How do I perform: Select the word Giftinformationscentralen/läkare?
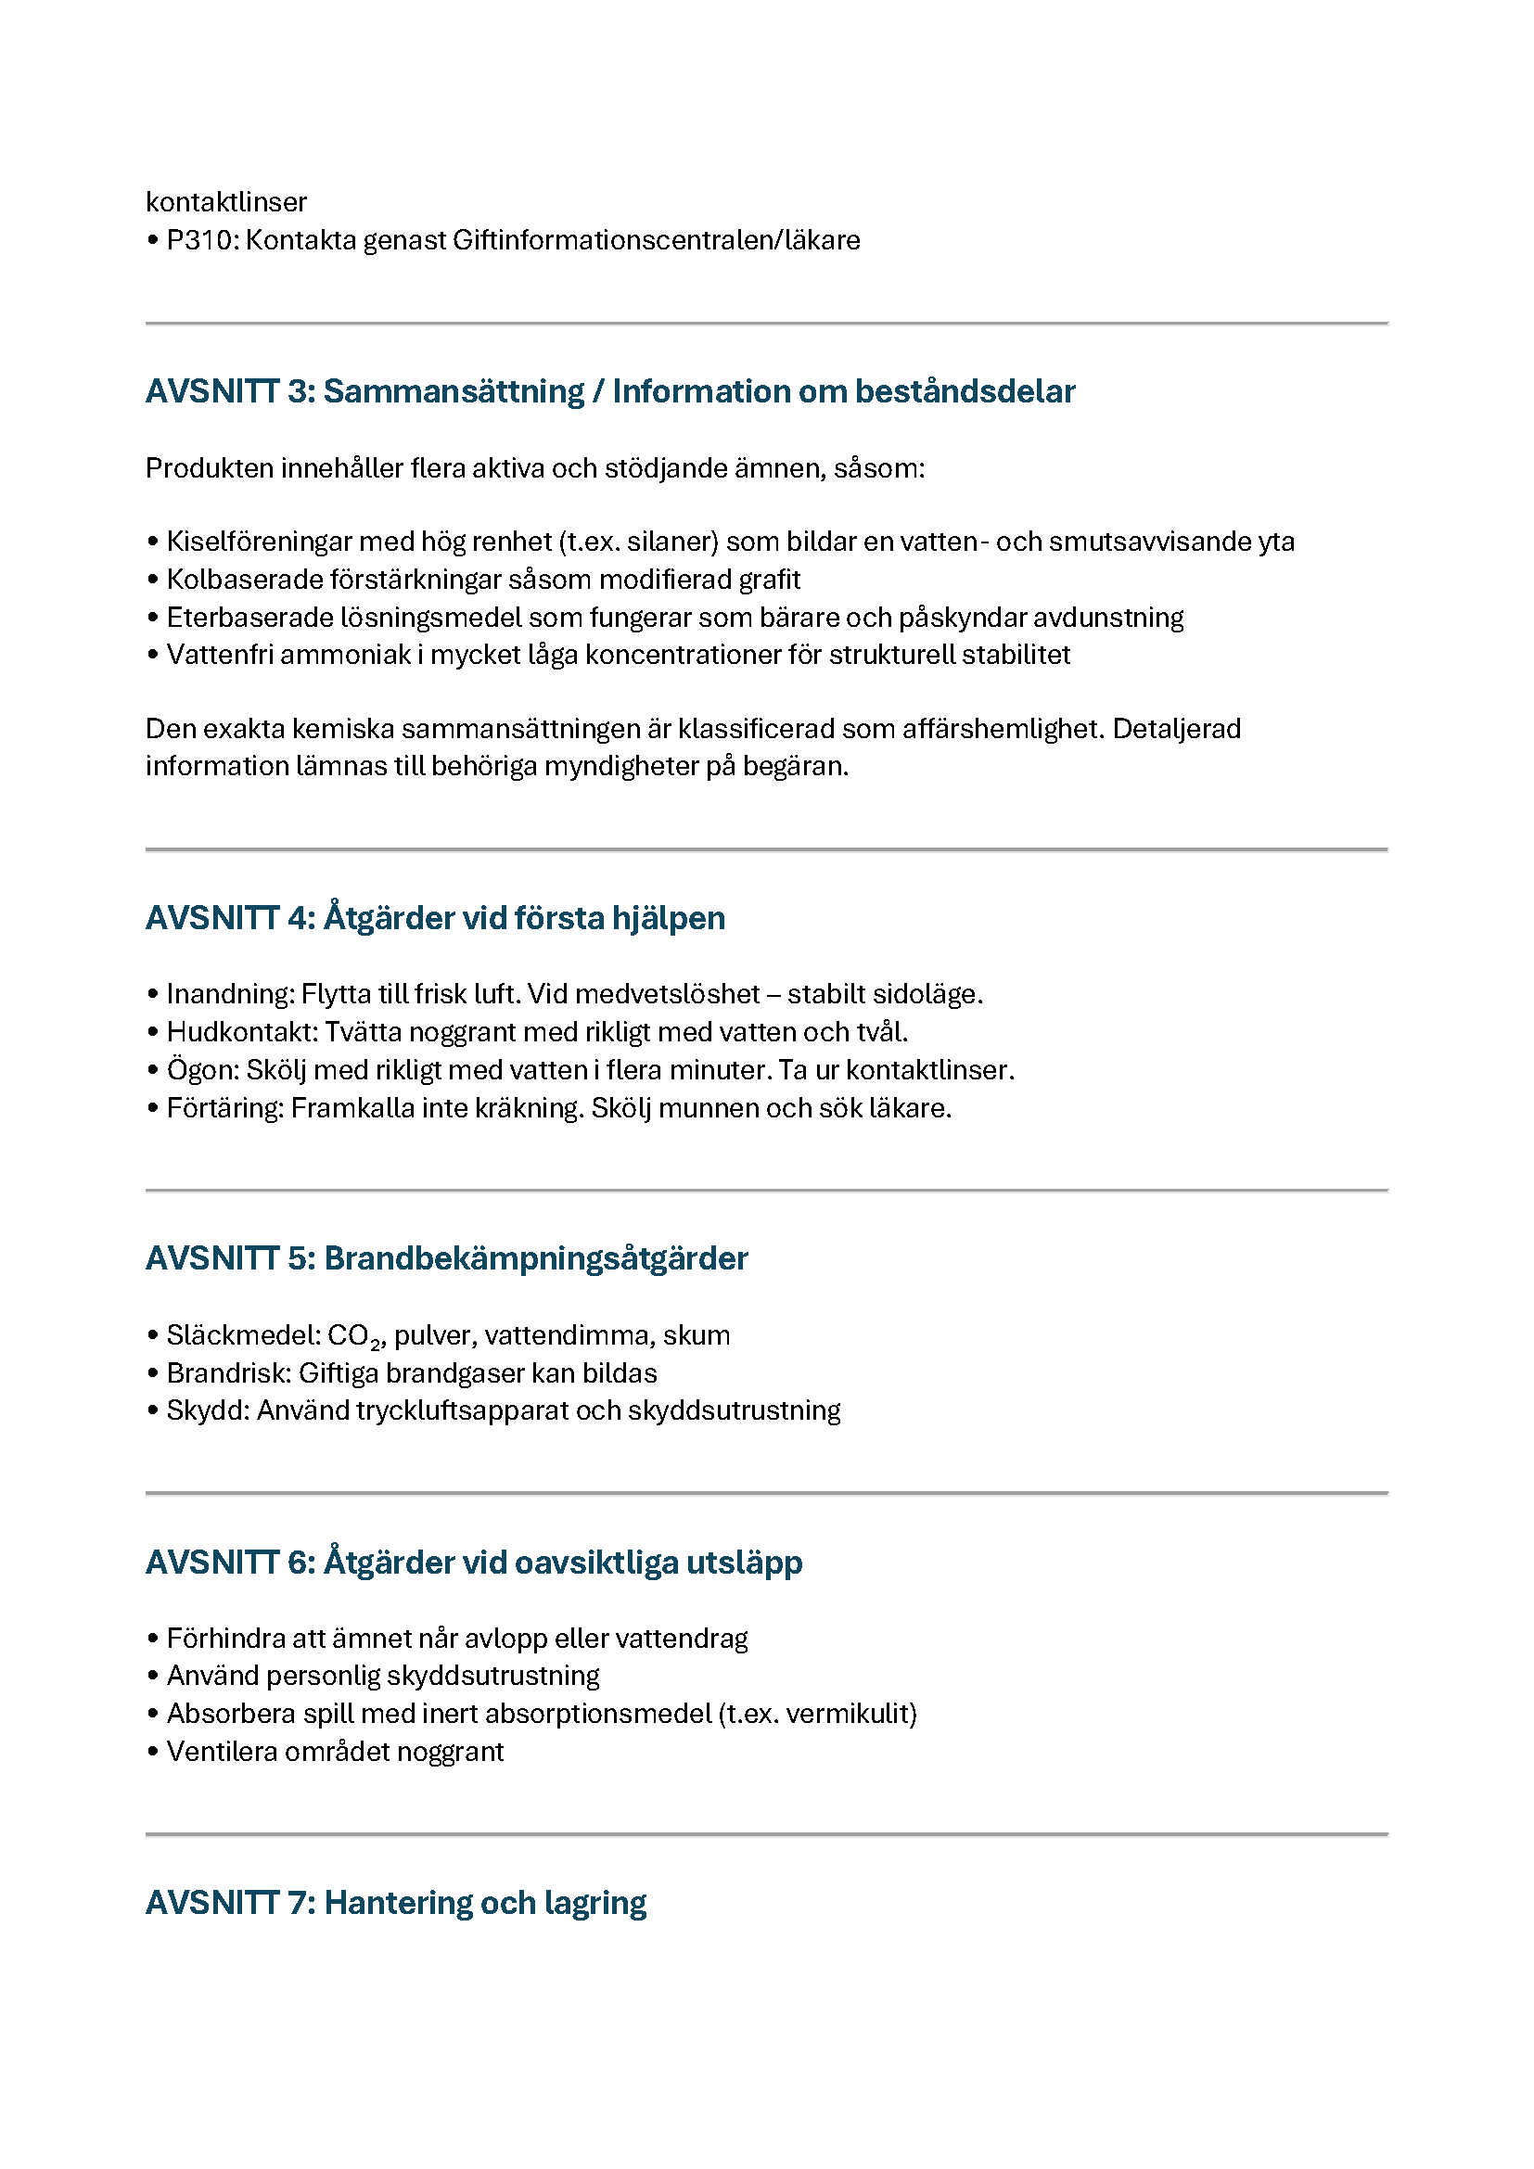(657, 240)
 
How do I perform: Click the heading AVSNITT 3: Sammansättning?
(610, 391)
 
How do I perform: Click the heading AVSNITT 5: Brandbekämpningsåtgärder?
(447, 1258)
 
